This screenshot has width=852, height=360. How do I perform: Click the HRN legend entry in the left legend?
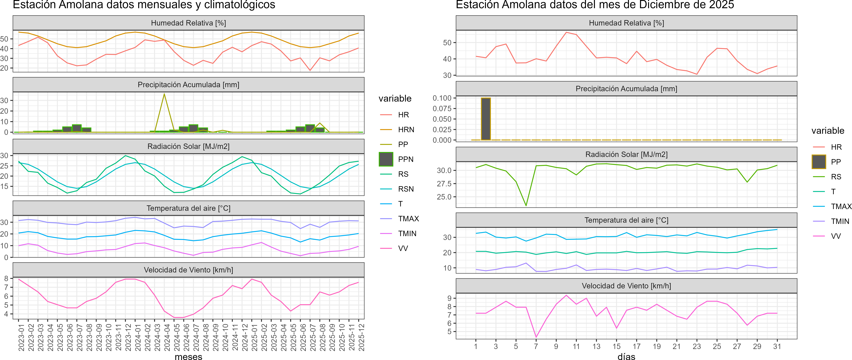click(x=406, y=130)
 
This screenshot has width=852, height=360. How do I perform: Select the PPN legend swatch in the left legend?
click(x=386, y=159)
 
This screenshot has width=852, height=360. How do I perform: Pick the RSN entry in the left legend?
click(x=406, y=189)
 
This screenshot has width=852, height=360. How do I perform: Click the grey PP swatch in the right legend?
click(x=819, y=162)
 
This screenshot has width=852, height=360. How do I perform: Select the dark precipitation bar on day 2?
click(x=486, y=119)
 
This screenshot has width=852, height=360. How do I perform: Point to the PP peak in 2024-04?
click(x=164, y=94)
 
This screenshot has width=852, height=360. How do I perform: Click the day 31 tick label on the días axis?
click(x=777, y=346)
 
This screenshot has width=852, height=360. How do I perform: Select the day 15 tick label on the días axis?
click(x=617, y=346)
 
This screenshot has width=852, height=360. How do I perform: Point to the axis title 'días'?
click(x=626, y=356)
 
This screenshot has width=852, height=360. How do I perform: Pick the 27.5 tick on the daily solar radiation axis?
click(x=444, y=184)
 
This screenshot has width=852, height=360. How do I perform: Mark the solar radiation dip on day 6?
click(x=526, y=206)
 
